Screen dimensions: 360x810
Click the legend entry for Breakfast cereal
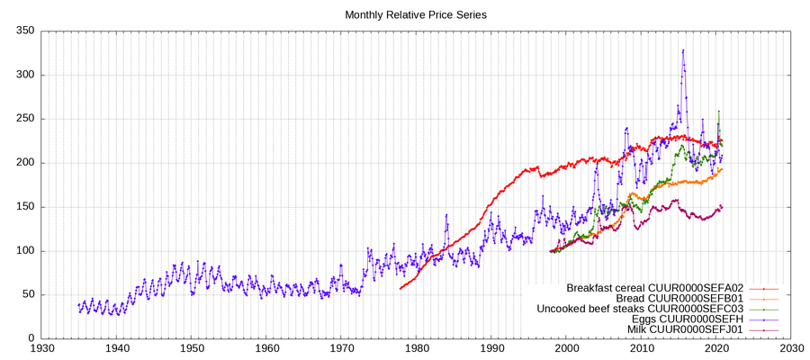654,288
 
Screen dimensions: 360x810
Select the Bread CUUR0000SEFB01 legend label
679,299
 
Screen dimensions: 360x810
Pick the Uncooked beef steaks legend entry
639,310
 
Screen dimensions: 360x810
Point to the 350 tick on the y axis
24,31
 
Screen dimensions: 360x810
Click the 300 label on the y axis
24,76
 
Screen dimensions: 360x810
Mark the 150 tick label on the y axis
24,207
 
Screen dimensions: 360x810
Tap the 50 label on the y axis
28,295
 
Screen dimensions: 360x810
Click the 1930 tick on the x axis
40,348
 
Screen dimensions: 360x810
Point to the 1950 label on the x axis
191,348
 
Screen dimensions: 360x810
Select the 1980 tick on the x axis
417,348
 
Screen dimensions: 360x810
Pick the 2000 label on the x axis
567,348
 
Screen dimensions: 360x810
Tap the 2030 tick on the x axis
792,348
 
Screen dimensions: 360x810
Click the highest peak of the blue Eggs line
683,50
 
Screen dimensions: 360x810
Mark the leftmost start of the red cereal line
400,288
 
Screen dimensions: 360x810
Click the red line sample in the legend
762,288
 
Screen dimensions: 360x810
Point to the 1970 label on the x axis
341,348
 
